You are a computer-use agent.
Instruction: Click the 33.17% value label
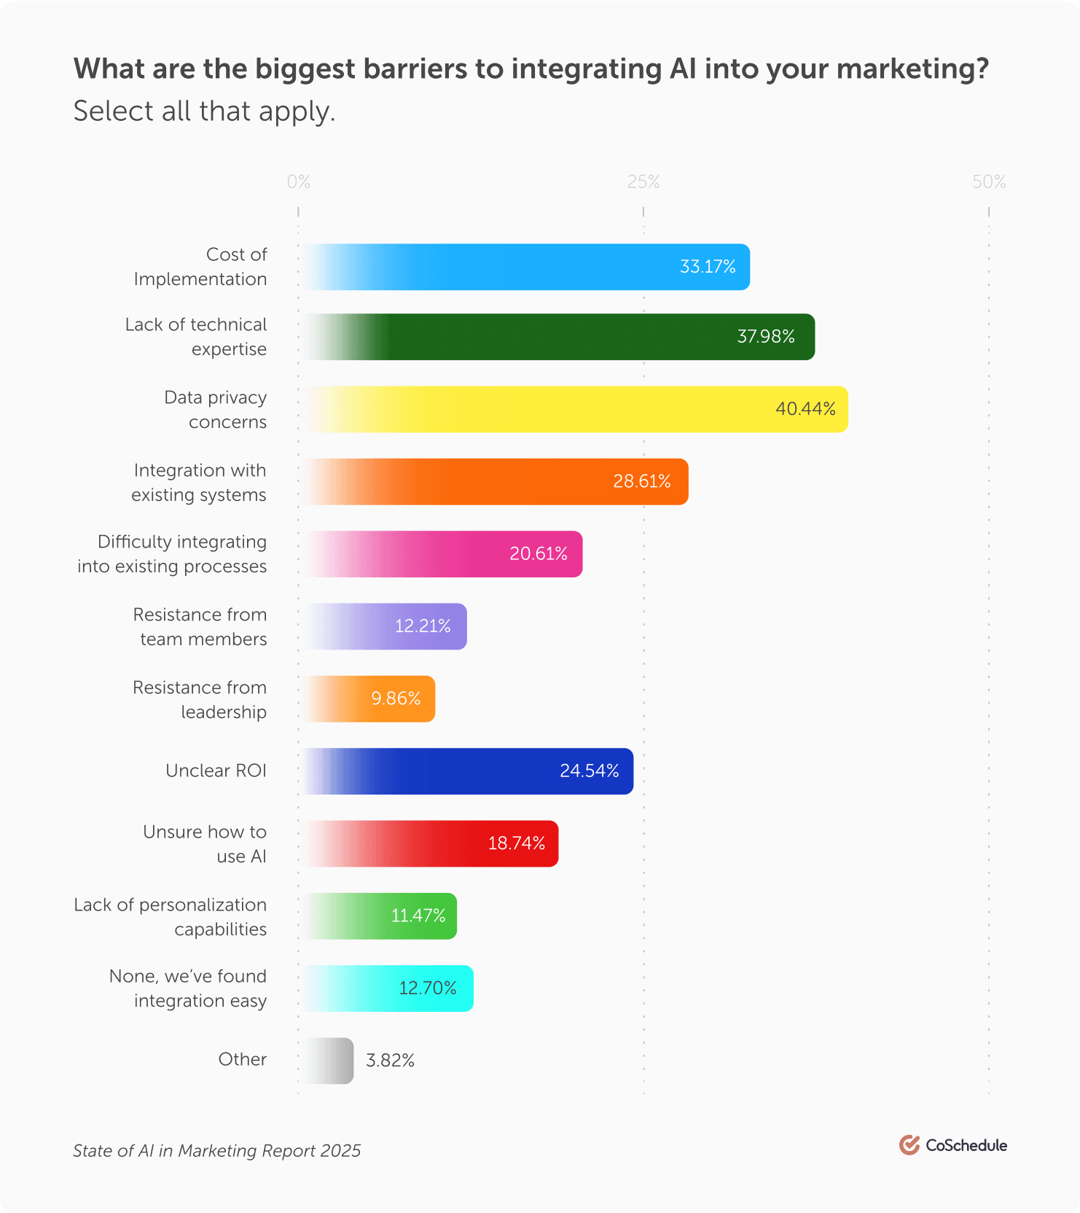point(707,267)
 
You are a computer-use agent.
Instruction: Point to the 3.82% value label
point(390,1061)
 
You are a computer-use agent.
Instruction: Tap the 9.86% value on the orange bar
point(396,699)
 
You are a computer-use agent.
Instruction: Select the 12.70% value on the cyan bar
point(427,988)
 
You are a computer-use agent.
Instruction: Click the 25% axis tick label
point(643,182)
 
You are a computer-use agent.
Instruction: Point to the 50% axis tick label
point(989,182)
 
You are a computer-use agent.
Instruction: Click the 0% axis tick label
point(298,182)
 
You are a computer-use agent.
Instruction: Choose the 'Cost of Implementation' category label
point(200,267)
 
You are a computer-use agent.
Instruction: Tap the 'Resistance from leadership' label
point(200,700)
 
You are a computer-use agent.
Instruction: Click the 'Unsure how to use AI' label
point(205,844)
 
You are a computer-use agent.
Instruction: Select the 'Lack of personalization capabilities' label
point(171,917)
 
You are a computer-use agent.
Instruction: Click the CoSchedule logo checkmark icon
point(909,1145)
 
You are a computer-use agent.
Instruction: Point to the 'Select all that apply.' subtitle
point(204,112)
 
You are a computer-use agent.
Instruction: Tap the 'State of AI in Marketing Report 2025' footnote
point(216,1151)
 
